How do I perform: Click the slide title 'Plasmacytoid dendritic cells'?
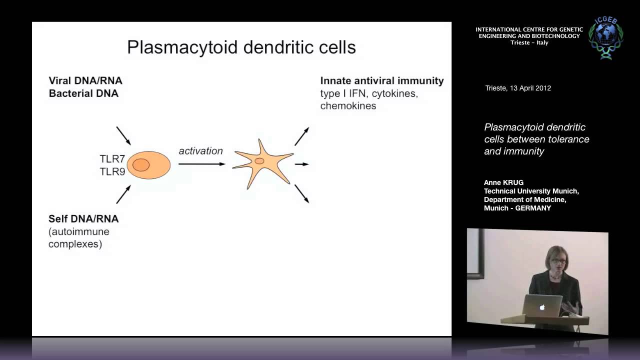pos(241,47)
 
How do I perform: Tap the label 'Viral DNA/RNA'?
pos(85,80)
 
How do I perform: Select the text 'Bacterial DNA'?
pos(83,93)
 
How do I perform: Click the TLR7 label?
pos(112,159)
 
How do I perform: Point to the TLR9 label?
pos(112,171)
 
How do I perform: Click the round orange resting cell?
pos(148,165)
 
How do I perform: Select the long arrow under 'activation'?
pos(201,164)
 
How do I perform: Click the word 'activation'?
pos(200,151)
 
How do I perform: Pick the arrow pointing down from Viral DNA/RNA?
pos(123,135)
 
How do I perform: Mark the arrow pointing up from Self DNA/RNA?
pos(123,194)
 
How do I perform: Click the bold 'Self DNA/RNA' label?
pos(83,219)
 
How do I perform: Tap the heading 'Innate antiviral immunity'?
pos(382,80)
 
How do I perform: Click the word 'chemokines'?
pos(348,106)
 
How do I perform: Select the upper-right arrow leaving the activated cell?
pos(301,136)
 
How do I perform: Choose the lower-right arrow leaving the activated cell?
pos(301,193)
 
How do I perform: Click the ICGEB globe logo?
pos(605,38)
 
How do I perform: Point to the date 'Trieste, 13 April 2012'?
pos(518,88)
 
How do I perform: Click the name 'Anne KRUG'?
pos(503,182)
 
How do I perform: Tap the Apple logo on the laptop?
pos(542,307)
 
